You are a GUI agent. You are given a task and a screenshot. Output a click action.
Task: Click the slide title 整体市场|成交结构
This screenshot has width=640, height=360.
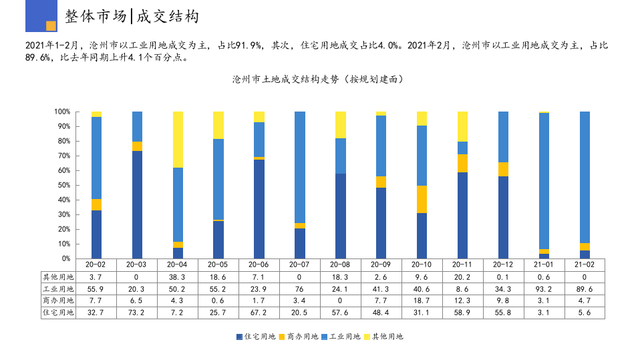click(132, 17)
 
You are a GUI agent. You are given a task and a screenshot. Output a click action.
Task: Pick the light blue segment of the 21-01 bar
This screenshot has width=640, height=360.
click(544, 181)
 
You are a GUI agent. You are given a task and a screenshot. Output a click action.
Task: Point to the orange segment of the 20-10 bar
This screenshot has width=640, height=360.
click(422, 199)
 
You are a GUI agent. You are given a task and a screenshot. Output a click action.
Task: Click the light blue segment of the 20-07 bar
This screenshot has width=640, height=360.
click(300, 167)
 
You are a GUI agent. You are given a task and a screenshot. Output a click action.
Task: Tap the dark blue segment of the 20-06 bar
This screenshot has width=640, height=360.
click(259, 208)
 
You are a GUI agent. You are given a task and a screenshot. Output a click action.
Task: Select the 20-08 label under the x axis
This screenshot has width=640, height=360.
click(340, 264)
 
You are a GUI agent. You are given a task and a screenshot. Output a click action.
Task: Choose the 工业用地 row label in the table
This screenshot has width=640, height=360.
click(58, 289)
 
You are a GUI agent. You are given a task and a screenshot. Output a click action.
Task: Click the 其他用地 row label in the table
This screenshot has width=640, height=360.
click(58, 277)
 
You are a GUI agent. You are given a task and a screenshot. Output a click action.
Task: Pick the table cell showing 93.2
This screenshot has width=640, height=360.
click(544, 289)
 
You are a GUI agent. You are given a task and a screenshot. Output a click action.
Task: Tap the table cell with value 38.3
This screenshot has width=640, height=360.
click(178, 277)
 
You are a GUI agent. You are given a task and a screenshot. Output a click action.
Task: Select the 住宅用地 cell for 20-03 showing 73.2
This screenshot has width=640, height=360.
click(137, 313)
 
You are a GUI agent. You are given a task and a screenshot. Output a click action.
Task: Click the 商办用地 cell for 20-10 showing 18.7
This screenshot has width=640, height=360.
click(422, 301)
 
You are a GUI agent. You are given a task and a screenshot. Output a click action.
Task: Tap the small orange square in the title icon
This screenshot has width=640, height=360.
click(51, 26)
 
